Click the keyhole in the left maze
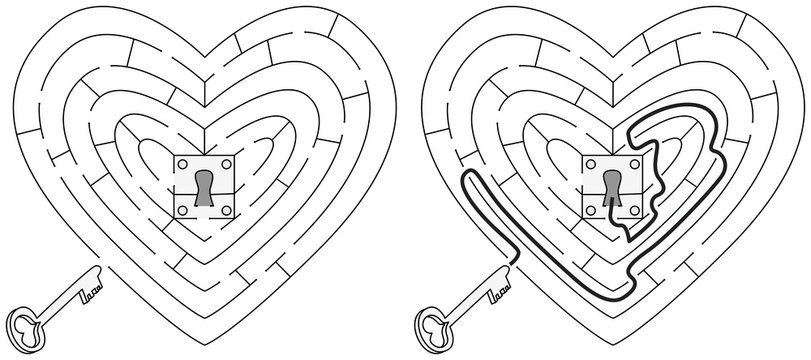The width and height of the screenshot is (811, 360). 206,187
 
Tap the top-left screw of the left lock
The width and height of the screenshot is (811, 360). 184,164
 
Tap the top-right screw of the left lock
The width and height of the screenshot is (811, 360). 228,164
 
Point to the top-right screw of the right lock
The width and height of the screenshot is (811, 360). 634,164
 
